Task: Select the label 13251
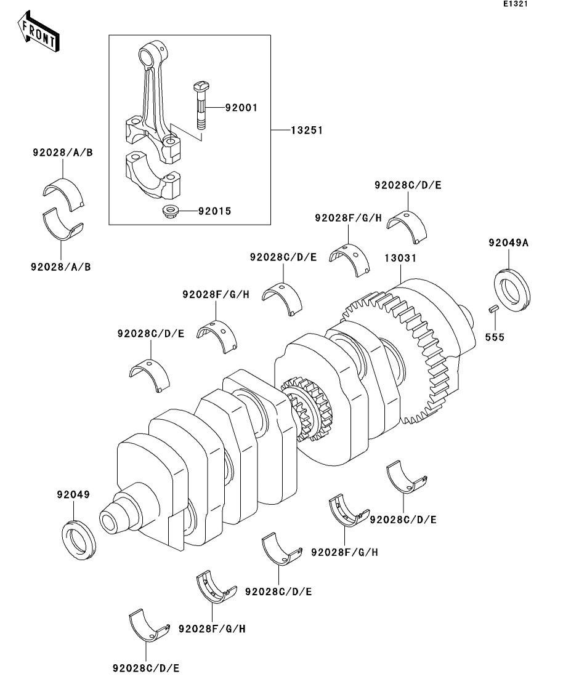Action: coord(307,131)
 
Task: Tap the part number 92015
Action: coord(214,211)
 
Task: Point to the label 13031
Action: coord(400,259)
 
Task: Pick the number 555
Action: coord(494,337)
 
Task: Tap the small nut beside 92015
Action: coord(168,212)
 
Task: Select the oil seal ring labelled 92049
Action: coord(79,540)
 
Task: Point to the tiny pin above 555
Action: coord(493,310)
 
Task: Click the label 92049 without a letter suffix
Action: coord(73,495)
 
